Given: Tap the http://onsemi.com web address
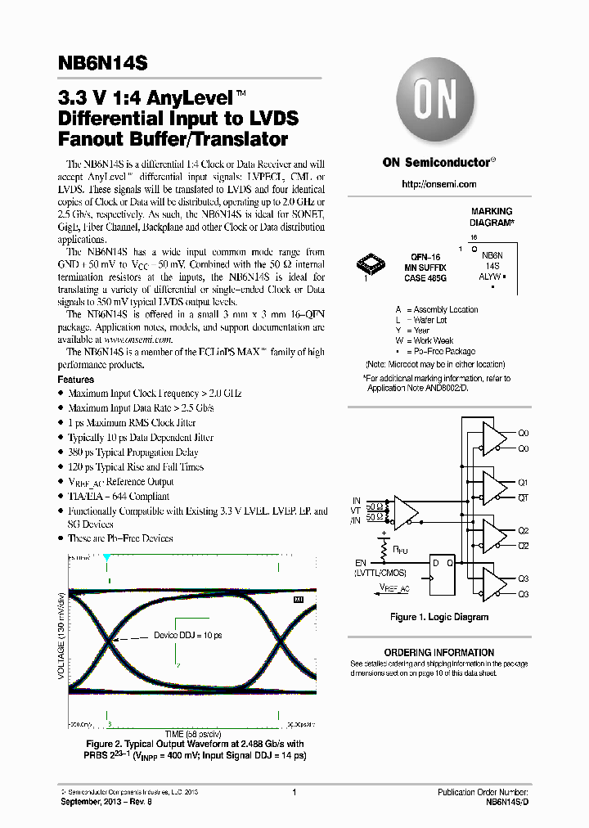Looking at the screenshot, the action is (435, 185).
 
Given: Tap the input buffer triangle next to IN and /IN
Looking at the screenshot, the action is (404, 511).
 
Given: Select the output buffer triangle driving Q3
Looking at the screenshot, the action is (494, 584).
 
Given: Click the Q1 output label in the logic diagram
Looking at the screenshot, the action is (524, 483).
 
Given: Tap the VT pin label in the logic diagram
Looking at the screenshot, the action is (356, 510).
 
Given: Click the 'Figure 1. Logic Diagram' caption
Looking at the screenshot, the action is (439, 617).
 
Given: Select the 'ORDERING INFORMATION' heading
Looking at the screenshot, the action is (439, 653).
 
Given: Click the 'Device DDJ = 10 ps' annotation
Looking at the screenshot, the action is (187, 635).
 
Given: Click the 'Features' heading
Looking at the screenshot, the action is (76, 380).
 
